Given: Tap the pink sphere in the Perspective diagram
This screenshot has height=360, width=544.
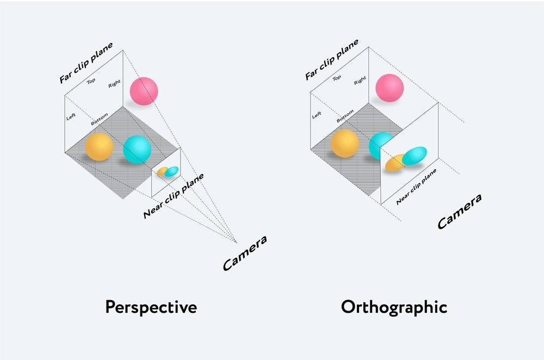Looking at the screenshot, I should pyautogui.click(x=144, y=91).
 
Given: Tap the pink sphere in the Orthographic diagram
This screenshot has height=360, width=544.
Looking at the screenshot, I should pyautogui.click(x=390, y=88).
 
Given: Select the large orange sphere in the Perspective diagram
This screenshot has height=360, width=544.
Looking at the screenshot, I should pyautogui.click(x=99, y=146).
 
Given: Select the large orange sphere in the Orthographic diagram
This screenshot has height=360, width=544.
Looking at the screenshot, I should pyautogui.click(x=345, y=144).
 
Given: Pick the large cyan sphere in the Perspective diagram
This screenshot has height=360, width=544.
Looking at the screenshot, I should pyautogui.click(x=137, y=150).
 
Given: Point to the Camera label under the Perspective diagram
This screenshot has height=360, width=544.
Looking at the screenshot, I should pyautogui.click(x=245, y=253).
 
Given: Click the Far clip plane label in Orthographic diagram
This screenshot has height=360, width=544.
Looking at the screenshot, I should pyautogui.click(x=332, y=59).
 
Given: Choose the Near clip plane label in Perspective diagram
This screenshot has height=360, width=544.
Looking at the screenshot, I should pyautogui.click(x=173, y=196).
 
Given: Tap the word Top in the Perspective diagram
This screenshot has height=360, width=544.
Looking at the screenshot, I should pyautogui.click(x=91, y=82).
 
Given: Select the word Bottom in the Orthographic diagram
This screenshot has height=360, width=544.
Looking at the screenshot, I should pyautogui.click(x=345, y=116).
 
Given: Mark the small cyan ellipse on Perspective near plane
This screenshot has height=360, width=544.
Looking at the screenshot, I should pyautogui.click(x=172, y=171).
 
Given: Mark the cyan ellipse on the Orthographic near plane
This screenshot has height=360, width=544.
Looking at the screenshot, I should pyautogui.click(x=415, y=156).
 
